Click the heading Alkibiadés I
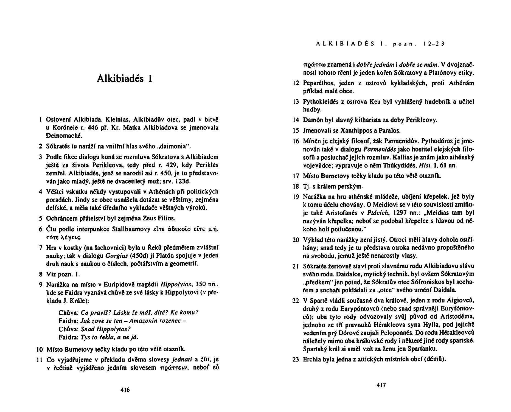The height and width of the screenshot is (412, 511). coord(125,79)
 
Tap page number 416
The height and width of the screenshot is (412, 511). coord(125,389)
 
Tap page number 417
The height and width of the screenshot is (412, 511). coord(381,385)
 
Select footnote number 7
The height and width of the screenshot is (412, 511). coord(40,248)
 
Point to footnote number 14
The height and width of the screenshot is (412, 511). coord(296,120)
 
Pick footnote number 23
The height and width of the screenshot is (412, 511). coord(296,359)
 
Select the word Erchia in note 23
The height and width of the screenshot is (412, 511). coord(312,359)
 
